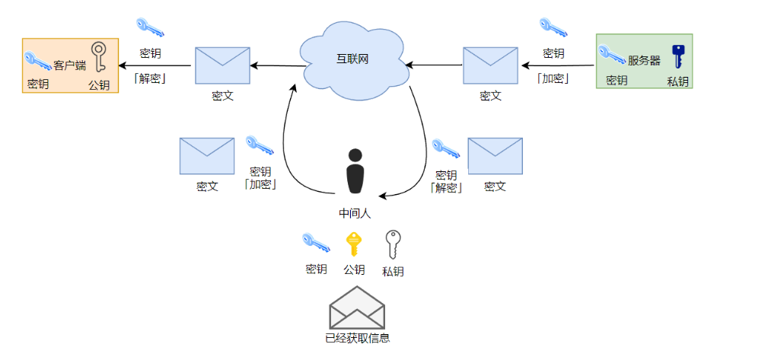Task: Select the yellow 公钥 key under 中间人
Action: (x=353, y=244)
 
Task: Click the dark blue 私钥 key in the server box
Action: (x=677, y=57)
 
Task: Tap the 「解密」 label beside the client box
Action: (x=150, y=78)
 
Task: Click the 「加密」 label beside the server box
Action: (x=553, y=78)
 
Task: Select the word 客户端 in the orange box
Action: (x=69, y=65)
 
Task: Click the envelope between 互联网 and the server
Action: (x=490, y=65)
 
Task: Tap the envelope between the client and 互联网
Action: (x=222, y=65)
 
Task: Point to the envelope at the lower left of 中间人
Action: (x=206, y=156)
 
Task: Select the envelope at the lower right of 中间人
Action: (x=495, y=156)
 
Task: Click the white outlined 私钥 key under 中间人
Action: (x=393, y=245)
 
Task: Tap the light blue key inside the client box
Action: (x=37, y=60)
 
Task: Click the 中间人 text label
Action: (x=355, y=214)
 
